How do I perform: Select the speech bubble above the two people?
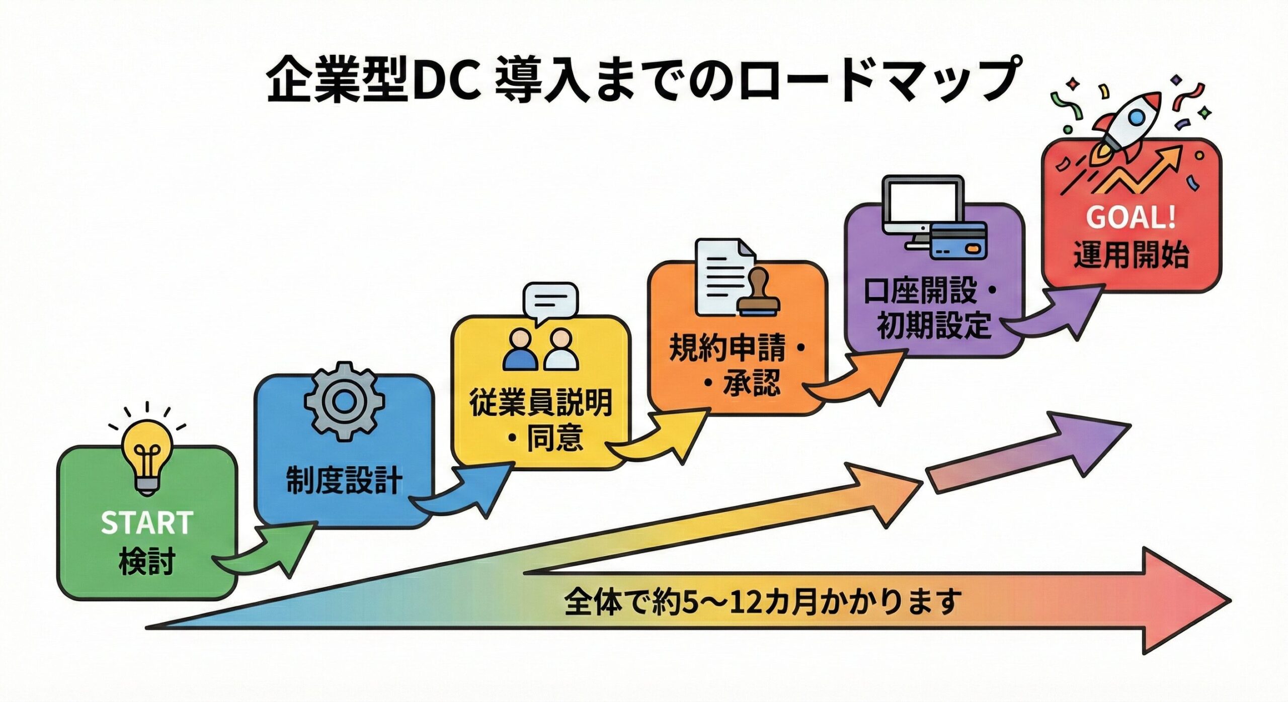tap(550, 302)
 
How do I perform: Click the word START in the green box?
tap(147, 523)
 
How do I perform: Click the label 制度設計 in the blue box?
tap(344, 481)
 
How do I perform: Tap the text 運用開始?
tap(1131, 255)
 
